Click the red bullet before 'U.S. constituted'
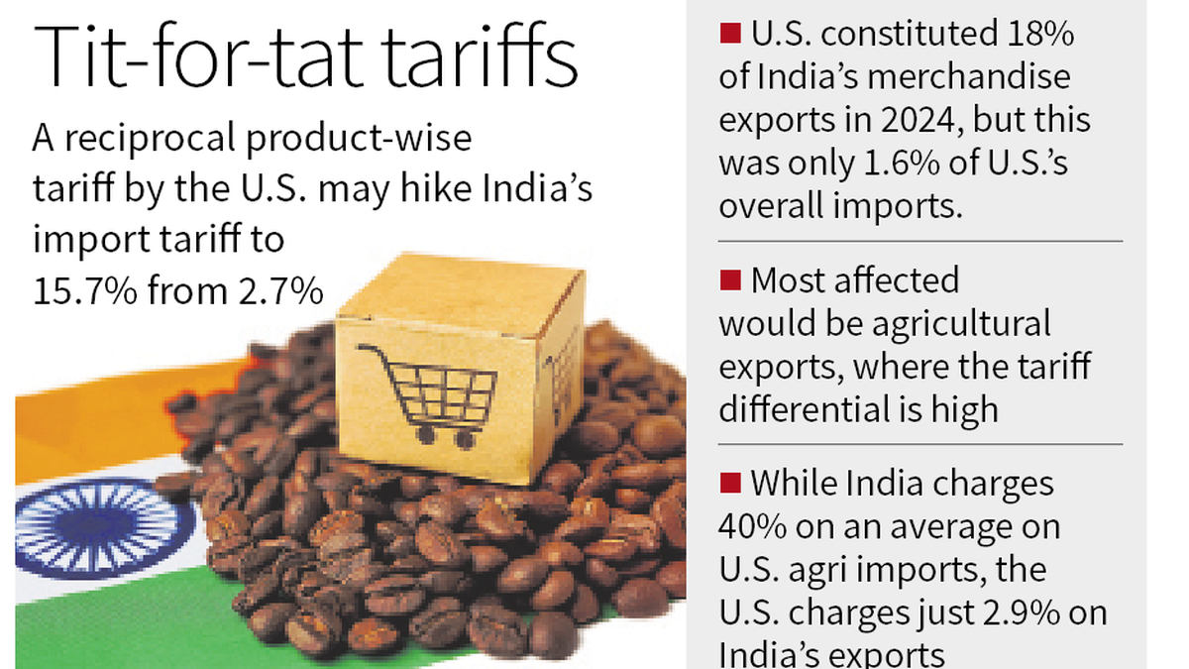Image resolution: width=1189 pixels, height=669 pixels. coord(730,35)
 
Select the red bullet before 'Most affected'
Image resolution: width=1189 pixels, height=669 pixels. coord(730,280)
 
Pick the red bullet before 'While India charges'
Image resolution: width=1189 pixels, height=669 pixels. coord(730,484)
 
